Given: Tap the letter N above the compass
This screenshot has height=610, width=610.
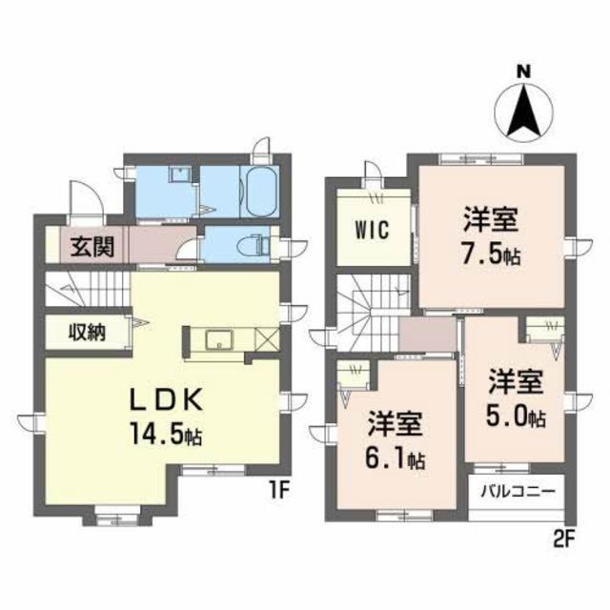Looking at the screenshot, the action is [523, 71].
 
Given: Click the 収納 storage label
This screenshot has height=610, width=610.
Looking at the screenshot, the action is [87, 332].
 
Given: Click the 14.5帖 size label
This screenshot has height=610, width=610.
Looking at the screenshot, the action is [166, 434].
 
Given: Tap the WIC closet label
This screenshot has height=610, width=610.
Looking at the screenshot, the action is [372, 230].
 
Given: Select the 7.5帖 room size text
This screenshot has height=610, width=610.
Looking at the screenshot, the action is [491, 254].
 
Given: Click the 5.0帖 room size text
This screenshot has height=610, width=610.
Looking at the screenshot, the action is [516, 416].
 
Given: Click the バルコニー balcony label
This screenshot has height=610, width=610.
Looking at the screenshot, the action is [518, 492].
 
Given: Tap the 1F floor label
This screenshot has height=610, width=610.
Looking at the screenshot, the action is [277, 492].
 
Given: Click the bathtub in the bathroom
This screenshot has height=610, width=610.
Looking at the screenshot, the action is [261, 191].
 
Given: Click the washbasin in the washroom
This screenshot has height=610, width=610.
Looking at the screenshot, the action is [179, 173].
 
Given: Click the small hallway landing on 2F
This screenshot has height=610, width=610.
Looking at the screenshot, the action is [427, 335].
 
